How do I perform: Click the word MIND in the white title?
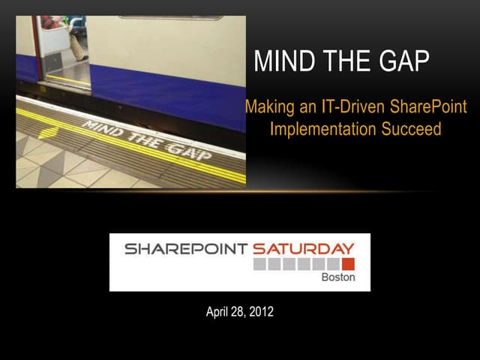point(284,61)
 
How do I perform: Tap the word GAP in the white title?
point(404,61)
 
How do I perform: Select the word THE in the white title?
point(346,61)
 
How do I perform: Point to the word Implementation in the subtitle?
point(323,128)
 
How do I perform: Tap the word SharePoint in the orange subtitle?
point(428,106)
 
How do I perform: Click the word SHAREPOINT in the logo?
point(186,249)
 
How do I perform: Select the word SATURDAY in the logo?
point(303,249)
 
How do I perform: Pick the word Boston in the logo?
point(338,277)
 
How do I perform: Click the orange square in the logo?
point(348,264)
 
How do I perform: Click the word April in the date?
point(217,312)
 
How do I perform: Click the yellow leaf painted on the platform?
point(48,133)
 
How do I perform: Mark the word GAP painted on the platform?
point(189,151)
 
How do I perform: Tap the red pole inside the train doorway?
point(37,47)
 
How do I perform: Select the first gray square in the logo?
point(259,264)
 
